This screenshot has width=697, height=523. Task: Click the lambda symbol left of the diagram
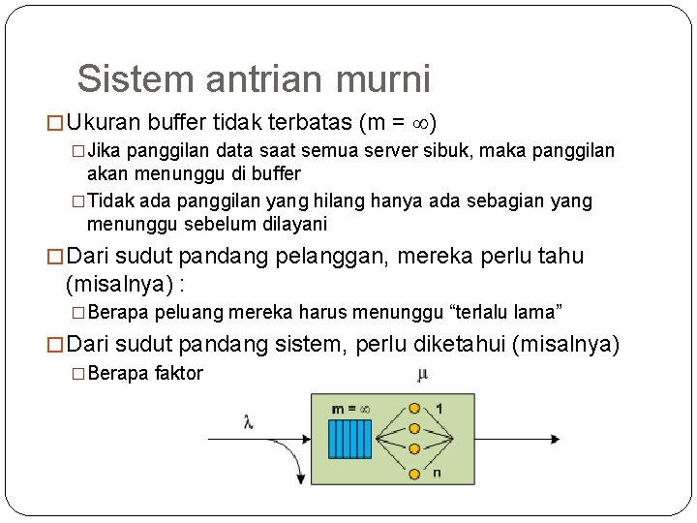249,421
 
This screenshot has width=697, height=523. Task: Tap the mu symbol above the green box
422,374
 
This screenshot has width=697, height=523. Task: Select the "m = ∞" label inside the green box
350,409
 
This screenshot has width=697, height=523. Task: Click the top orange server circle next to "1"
414,408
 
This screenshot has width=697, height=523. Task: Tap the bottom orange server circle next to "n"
414,473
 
